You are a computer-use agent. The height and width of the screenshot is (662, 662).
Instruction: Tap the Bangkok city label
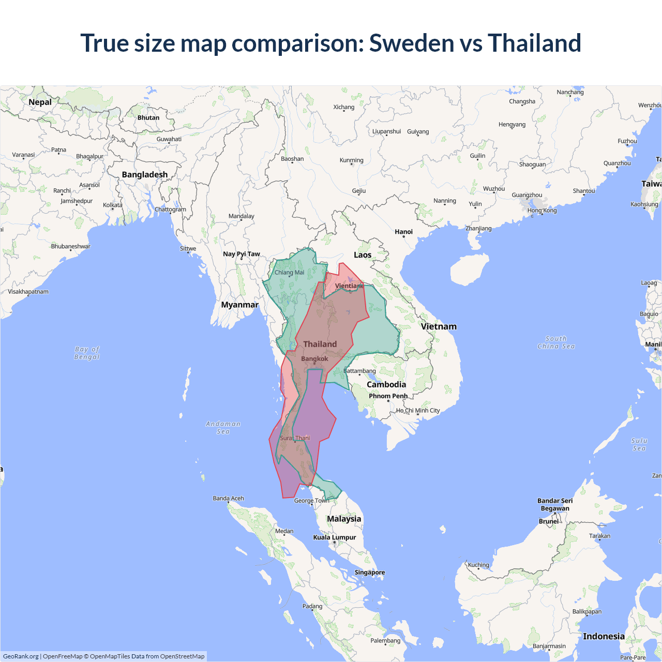pyautogui.click(x=314, y=359)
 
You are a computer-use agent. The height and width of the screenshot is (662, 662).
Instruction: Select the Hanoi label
pyautogui.click(x=403, y=232)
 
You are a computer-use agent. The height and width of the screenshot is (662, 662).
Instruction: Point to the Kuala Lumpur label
pyautogui.click(x=335, y=537)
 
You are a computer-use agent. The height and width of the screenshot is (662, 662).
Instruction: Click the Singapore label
pyautogui.click(x=369, y=573)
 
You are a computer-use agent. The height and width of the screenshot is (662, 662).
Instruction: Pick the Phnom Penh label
pyautogui.click(x=388, y=396)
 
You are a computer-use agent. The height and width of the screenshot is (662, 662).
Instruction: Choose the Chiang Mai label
pyautogui.click(x=289, y=273)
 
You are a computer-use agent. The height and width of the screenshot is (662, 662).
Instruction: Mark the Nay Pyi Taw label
pyautogui.click(x=242, y=254)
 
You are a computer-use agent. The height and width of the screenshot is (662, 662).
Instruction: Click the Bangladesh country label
pyautogui.click(x=145, y=175)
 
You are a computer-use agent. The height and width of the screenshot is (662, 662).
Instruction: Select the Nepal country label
pyautogui.click(x=40, y=102)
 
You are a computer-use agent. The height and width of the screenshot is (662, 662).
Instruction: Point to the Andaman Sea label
pyautogui.click(x=223, y=428)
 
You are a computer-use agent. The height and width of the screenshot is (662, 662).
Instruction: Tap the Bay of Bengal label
pyautogui.click(x=87, y=353)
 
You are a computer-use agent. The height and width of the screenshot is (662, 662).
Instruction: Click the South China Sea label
pyautogui.click(x=556, y=342)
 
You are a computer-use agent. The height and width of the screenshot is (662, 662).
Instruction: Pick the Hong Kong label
pyautogui.click(x=542, y=210)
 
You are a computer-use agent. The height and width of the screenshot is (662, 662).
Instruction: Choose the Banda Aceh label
pyautogui.click(x=228, y=499)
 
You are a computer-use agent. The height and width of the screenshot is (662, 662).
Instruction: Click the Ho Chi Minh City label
pyautogui.click(x=418, y=411)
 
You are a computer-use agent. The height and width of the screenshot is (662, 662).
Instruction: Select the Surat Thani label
pyautogui.click(x=295, y=438)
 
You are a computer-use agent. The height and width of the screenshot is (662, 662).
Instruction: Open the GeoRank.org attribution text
pyautogui.click(x=21, y=656)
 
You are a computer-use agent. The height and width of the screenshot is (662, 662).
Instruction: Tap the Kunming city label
pyautogui.click(x=352, y=160)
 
